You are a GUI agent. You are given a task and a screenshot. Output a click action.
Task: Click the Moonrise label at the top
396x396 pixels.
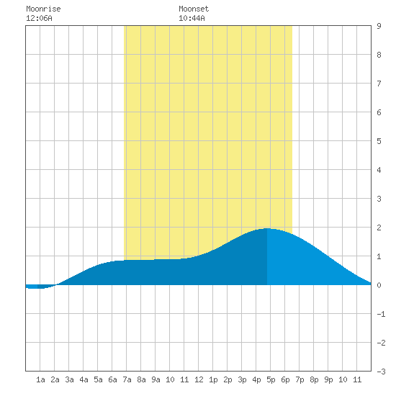pos(43,9)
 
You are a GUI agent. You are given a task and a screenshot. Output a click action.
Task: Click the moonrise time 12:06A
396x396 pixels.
pos(39,18)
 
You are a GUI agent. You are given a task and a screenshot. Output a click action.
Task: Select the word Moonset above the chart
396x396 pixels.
pos(194,9)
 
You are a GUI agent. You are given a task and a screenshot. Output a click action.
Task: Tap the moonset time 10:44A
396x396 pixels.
pos(192,18)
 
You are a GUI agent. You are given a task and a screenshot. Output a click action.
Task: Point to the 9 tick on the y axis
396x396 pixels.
pos(379,26)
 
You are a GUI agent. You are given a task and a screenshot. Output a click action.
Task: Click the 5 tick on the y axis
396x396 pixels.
pos(379,141)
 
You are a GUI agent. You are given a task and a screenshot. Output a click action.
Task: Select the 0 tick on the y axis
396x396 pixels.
pos(379,285)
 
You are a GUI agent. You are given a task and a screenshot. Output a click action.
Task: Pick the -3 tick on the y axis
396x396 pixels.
pos(381,372)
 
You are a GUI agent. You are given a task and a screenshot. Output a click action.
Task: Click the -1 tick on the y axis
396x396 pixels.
pos(381,314)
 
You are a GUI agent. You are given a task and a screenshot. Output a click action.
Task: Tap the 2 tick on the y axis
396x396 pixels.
pos(379,228)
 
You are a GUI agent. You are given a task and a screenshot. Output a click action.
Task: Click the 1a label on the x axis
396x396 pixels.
pos(40,379)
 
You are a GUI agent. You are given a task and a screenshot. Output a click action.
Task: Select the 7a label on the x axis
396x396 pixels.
pos(127,379)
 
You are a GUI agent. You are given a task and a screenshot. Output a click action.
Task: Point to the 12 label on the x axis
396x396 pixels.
pos(199,379)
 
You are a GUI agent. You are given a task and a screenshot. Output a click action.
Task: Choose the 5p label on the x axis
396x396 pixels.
pos(271,379)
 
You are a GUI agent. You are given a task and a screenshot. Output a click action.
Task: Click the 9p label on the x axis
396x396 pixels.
pos(328,379)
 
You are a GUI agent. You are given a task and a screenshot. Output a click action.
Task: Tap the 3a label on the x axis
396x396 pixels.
pos(69,379)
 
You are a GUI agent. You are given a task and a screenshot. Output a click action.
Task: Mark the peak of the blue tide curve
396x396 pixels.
pos(267,228)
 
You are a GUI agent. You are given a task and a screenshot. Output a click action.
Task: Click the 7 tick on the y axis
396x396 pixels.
pos(379,84)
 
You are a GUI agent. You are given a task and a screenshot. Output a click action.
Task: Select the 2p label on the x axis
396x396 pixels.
pos(228,379)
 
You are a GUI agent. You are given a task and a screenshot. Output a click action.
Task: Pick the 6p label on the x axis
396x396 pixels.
pos(285,379)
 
